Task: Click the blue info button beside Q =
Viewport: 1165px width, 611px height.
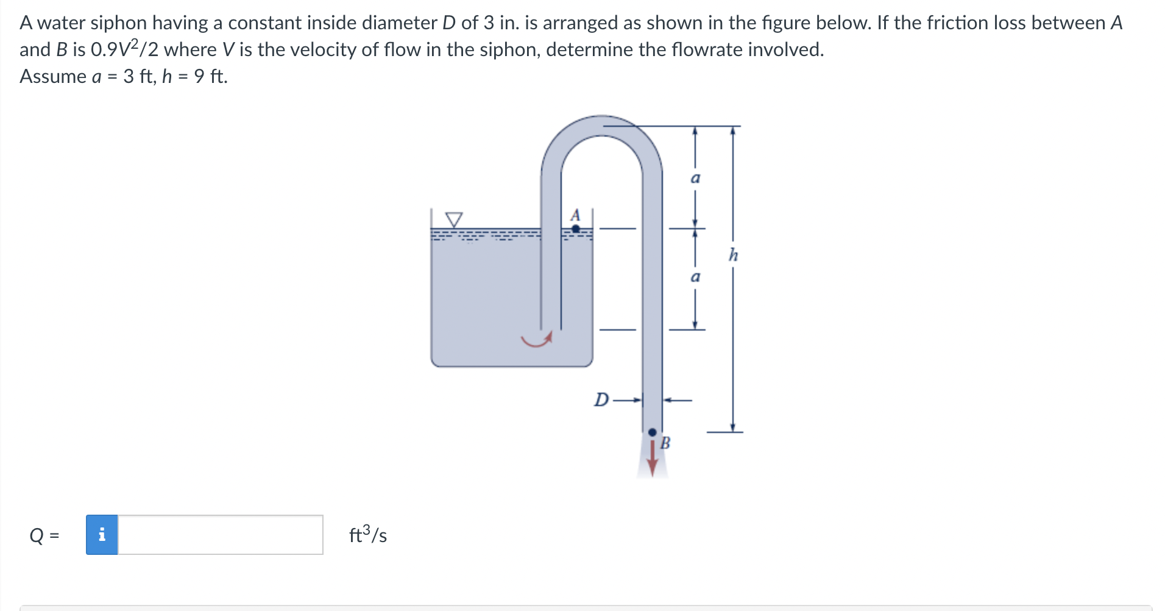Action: (102, 535)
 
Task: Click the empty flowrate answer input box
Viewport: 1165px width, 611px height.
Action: (220, 535)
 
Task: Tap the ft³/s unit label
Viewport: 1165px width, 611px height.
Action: (367, 535)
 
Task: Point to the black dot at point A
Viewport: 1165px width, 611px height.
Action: (576, 229)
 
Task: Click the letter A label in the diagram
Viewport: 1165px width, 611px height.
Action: (575, 215)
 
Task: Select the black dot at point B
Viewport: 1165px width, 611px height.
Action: (652, 432)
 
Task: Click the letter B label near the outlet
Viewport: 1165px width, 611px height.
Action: (665, 443)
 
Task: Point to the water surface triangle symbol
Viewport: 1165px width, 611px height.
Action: (454, 219)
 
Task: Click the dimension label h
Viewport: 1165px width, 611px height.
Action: (733, 255)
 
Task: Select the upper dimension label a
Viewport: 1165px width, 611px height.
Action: (695, 178)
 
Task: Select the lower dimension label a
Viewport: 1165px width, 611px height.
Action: (695, 277)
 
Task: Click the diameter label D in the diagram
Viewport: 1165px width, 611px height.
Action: (601, 400)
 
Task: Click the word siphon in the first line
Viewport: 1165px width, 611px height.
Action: (118, 23)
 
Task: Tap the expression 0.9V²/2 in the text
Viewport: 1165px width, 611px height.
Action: (124, 49)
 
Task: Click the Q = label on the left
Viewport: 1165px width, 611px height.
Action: (44, 535)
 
